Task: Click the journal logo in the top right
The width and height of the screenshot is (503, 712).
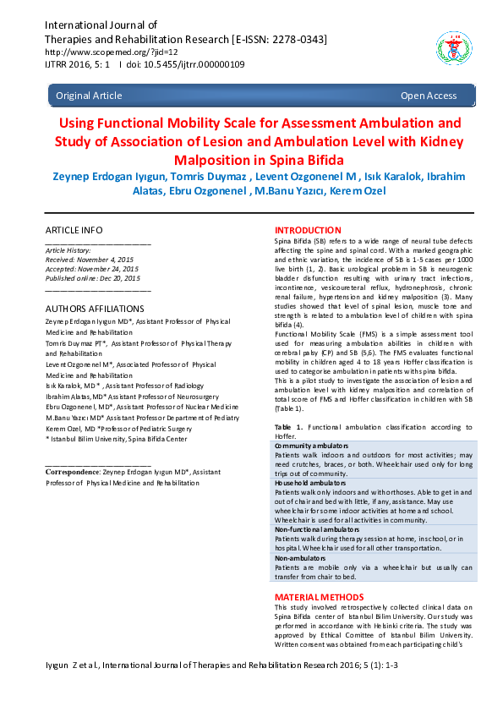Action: [449, 48]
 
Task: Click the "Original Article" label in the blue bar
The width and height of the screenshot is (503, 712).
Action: [89, 96]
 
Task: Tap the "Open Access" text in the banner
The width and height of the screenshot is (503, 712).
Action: [429, 96]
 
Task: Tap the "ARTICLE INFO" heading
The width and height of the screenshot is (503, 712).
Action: [74, 230]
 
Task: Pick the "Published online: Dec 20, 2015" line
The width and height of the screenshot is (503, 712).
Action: [92, 278]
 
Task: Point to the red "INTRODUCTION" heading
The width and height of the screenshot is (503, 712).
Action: [308, 230]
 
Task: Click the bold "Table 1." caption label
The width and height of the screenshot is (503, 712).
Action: [289, 428]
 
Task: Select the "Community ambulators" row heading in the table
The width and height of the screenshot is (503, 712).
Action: [312, 445]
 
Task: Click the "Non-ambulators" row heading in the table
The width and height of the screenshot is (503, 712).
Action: [300, 559]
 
